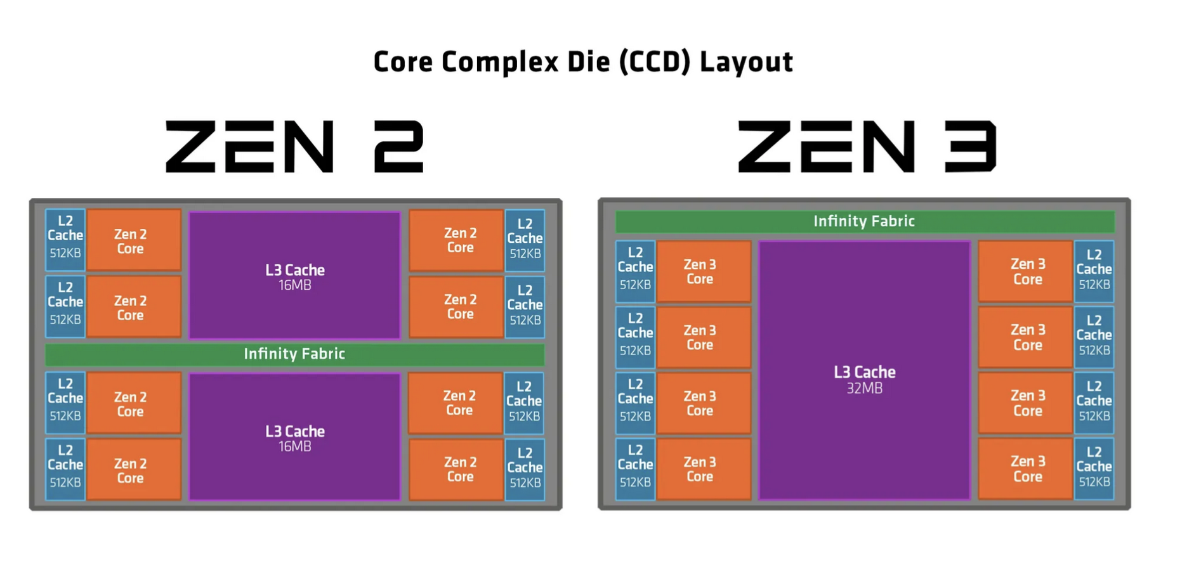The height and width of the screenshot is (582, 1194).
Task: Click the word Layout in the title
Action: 746,62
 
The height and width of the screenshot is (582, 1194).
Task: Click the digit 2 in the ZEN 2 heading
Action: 398,147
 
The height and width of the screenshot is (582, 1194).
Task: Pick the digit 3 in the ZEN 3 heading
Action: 971,147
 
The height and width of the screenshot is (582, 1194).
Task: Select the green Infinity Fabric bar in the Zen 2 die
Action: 294,354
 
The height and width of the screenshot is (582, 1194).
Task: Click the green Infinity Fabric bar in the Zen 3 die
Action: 864,221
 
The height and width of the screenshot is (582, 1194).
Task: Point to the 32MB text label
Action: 864,388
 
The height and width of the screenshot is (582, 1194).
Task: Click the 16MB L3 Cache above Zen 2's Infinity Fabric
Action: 294,276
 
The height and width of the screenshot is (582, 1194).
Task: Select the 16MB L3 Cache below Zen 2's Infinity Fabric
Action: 294,437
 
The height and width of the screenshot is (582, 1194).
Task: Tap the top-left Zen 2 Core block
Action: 133,241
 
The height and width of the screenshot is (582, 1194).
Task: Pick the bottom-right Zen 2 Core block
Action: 456,469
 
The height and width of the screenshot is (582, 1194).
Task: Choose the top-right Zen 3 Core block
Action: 1025,271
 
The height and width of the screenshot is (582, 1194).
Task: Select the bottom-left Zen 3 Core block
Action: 703,469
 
